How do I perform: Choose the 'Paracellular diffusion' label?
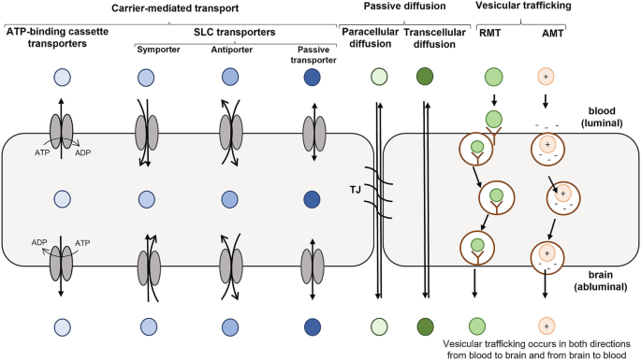(x=370, y=39)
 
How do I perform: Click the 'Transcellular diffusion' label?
(x=435, y=39)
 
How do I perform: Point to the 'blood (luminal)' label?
(x=602, y=117)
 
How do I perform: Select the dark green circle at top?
(x=425, y=77)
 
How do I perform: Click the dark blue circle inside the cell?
(x=312, y=199)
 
